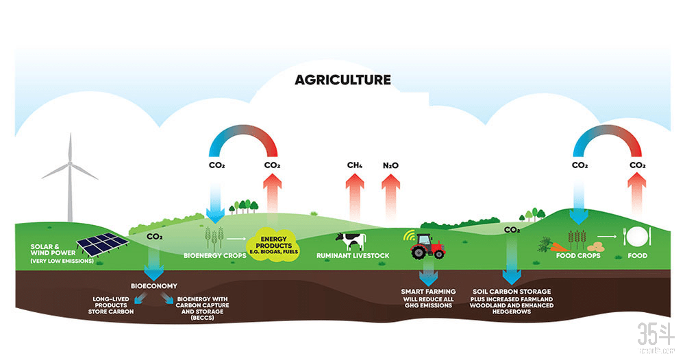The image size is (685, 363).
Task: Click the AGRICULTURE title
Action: tap(342, 80)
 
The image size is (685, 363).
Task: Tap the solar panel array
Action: tap(100, 244)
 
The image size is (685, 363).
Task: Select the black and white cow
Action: tap(351, 240)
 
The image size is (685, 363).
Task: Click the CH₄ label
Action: tap(354, 165)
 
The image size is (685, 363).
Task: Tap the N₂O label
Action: tap(390, 165)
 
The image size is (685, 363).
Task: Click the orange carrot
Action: tap(558, 245)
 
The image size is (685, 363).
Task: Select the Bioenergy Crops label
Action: tap(215, 256)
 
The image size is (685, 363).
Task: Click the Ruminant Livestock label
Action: tap(352, 256)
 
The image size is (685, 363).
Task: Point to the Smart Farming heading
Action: tap(428, 292)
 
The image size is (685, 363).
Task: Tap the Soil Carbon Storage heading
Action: tap(512, 292)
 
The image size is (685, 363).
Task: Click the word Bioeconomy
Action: tap(154, 285)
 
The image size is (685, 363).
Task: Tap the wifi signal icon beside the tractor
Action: tap(408, 235)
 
